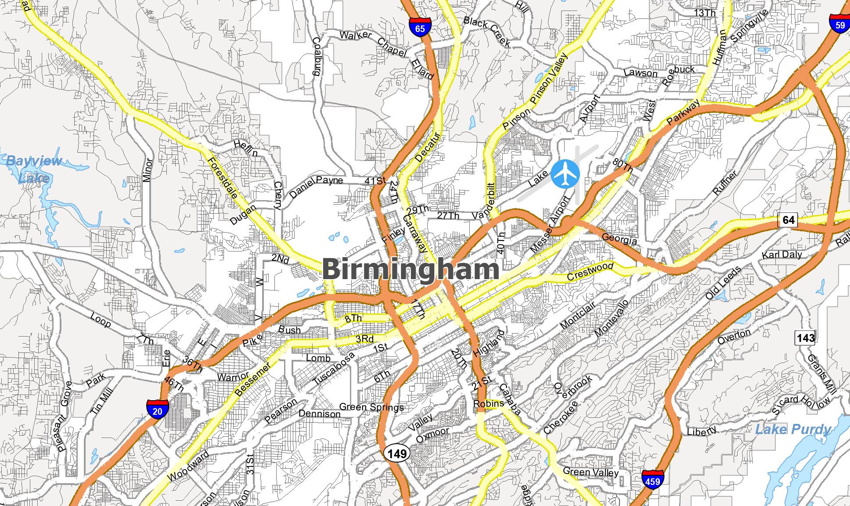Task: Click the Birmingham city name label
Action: (x=411, y=269)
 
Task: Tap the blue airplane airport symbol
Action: (x=565, y=174)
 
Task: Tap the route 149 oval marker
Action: (x=397, y=453)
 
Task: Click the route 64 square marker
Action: (x=788, y=219)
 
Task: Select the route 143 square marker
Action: (x=805, y=337)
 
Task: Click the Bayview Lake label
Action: (x=34, y=169)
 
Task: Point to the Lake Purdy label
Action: (x=792, y=429)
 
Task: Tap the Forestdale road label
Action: (x=223, y=178)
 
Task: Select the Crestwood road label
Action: (x=590, y=271)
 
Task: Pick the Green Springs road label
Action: (x=371, y=407)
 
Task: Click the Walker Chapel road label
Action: (x=373, y=42)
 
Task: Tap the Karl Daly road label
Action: (x=782, y=255)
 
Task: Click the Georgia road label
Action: (x=619, y=239)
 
